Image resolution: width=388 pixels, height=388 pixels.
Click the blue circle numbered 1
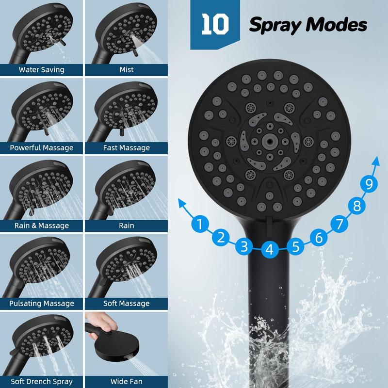pyautogui.click(x=200, y=224)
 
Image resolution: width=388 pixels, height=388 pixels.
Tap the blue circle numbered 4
pyautogui.click(x=270, y=249)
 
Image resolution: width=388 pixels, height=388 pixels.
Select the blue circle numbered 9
pyautogui.click(x=369, y=184)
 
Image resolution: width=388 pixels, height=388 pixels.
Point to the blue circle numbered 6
pyautogui.click(x=319, y=238)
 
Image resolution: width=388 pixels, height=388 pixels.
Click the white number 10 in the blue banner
pyautogui.click(x=215, y=24)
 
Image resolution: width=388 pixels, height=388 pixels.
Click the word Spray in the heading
pyautogui.click(x=275, y=25)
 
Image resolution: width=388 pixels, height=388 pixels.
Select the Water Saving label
pyautogui.click(x=41, y=70)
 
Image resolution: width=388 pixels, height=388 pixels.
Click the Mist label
pyautogui.click(x=127, y=69)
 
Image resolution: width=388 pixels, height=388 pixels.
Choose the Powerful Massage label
pyautogui.click(x=41, y=148)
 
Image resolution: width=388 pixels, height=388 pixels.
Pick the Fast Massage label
pyautogui.click(x=127, y=148)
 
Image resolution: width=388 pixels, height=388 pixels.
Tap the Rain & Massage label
pyautogui.click(x=41, y=226)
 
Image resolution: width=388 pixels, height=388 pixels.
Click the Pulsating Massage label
pyautogui.click(x=41, y=304)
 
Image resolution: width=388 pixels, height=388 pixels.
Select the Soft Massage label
pyautogui.click(x=127, y=304)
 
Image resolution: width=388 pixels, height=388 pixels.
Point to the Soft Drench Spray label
pyautogui.click(x=41, y=381)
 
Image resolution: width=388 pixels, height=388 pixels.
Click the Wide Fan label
pyautogui.click(x=127, y=381)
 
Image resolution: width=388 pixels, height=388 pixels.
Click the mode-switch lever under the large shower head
pyautogui.click(x=270, y=225)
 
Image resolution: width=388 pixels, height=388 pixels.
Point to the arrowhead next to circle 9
pyautogui.click(x=375, y=161)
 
